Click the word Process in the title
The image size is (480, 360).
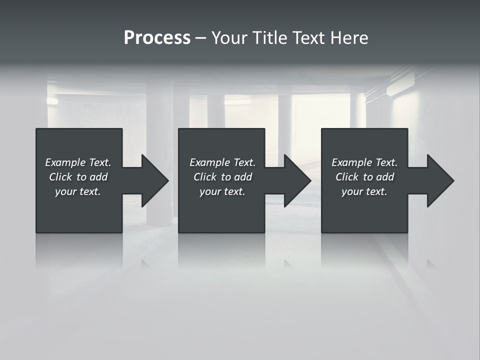coord(157,38)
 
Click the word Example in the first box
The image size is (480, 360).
coord(65,162)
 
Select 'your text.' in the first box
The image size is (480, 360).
coord(78,191)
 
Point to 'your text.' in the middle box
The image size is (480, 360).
coord(222,191)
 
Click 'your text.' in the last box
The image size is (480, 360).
coord(364,191)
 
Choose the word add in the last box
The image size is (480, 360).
coord(385,177)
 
